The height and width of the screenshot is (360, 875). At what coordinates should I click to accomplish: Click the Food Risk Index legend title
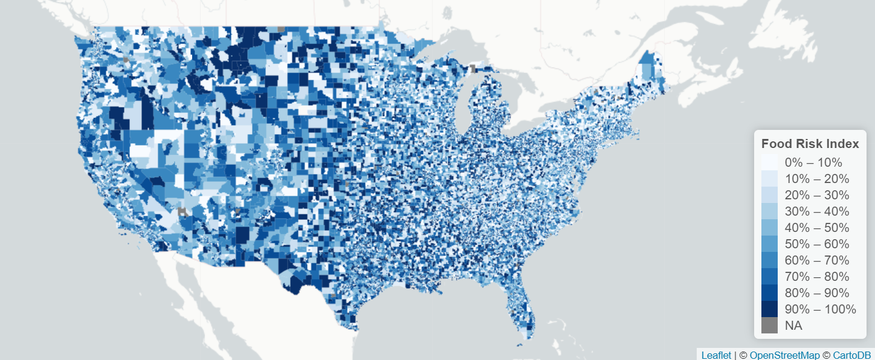tap(810, 144)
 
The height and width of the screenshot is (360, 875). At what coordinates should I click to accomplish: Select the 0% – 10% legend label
tap(813, 162)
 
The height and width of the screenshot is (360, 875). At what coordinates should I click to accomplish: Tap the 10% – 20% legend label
tap(816, 179)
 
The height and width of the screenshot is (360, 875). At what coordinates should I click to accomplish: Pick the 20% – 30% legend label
tap(816, 195)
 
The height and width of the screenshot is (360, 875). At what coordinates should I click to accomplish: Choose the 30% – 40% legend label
tap(816, 211)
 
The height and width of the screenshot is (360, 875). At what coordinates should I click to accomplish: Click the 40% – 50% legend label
tap(816, 228)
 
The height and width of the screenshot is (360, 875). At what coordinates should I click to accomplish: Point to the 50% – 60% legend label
tap(816, 244)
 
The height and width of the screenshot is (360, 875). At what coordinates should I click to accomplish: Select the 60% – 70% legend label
tap(816, 260)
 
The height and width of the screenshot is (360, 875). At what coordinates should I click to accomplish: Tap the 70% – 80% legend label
tap(816, 277)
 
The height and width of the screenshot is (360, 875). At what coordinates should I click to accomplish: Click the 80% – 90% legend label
tap(816, 293)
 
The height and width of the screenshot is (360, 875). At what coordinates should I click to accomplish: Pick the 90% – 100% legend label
tap(820, 309)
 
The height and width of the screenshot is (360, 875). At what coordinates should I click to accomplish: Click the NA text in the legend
tap(793, 326)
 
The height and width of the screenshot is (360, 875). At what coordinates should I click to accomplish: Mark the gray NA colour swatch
tap(769, 326)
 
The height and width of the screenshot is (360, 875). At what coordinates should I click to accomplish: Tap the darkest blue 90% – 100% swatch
tap(769, 309)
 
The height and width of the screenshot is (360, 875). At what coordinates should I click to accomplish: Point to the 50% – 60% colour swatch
tap(769, 244)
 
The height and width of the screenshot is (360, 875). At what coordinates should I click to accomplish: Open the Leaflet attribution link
tap(716, 355)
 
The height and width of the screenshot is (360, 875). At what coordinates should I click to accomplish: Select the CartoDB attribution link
tap(852, 355)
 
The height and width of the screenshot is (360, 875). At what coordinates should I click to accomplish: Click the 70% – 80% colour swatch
tap(769, 277)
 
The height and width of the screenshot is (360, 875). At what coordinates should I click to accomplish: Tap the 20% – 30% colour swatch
tap(769, 195)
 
